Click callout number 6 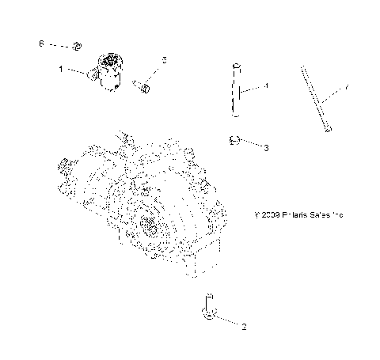pos(41,44)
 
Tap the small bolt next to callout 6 pos(77,45)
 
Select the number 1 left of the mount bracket pos(61,70)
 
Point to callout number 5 pos(164,60)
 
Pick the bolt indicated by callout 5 pos(142,83)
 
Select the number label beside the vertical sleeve pos(267,85)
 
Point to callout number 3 pos(266,147)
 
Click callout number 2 pos(244,326)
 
